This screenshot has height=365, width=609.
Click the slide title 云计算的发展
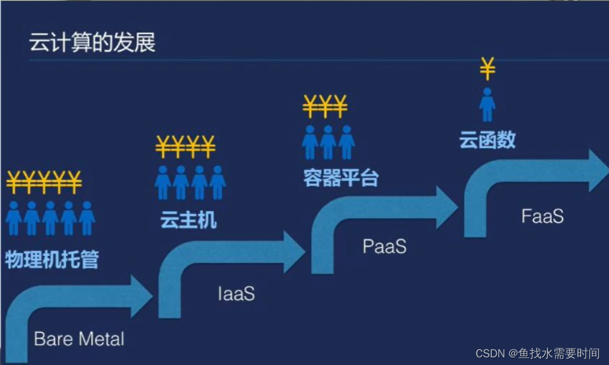point(92,43)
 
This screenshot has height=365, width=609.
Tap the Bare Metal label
point(79,339)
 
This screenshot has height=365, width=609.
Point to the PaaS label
point(384,246)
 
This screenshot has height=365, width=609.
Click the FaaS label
point(542,216)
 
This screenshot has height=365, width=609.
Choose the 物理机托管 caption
point(52,259)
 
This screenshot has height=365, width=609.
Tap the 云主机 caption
point(188,220)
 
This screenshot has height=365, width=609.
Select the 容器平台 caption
point(341,178)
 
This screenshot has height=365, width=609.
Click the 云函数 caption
point(487,139)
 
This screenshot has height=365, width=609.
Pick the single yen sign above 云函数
point(487,69)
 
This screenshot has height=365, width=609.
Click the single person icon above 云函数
point(487,105)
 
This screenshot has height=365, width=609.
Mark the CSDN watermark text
point(537,353)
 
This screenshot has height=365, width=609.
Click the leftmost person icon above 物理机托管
point(14,217)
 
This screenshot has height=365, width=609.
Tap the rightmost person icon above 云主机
point(218,182)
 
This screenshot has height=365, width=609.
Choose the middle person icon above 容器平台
point(328,142)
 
